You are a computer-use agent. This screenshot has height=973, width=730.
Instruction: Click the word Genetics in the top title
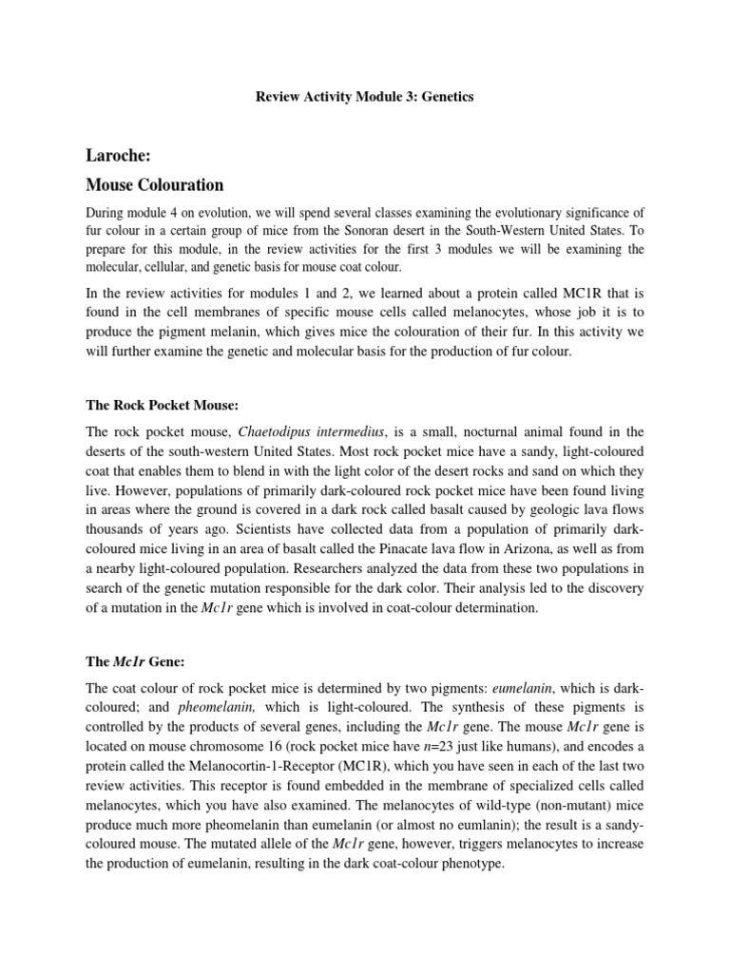[x=445, y=98]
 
